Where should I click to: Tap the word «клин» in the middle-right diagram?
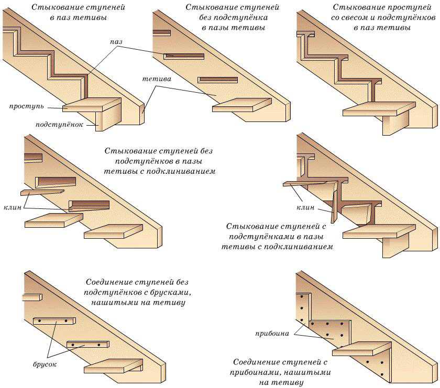click(305, 207)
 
